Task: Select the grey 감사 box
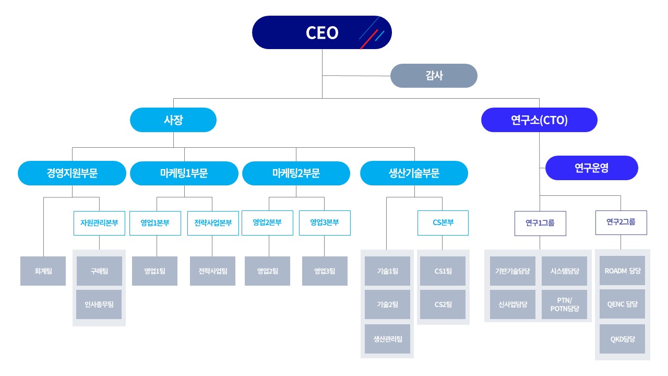point(434,76)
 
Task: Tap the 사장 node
point(173,120)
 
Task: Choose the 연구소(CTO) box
point(539,120)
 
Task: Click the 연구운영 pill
point(591,168)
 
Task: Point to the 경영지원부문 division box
point(72,173)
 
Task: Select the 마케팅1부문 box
point(184,173)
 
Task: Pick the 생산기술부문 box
point(414,173)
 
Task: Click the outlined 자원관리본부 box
point(99,223)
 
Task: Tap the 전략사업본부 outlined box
point(212,223)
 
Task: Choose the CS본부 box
point(443,223)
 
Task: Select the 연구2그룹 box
point(621,222)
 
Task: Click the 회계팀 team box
point(43,271)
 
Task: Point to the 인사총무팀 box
point(99,304)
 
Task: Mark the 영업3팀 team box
point(325,271)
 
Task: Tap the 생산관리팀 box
point(387,339)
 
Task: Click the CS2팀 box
point(443,304)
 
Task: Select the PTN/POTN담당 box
point(565,304)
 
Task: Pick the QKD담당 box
point(623,339)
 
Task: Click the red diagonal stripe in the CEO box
point(369,39)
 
